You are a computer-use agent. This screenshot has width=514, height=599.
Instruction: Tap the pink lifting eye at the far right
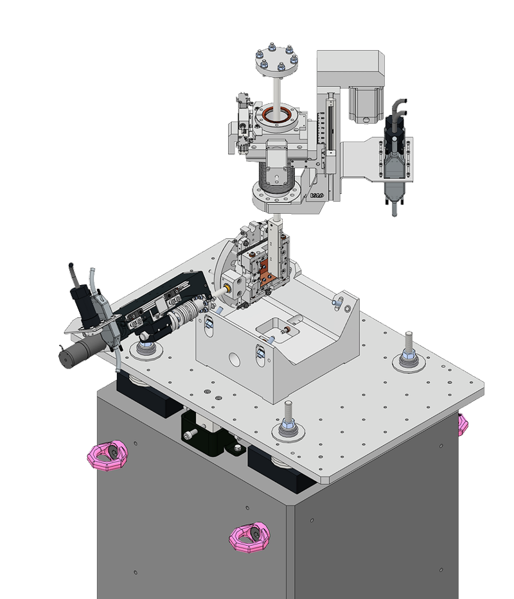point(464,424)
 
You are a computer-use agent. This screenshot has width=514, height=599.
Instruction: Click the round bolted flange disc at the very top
point(276,61)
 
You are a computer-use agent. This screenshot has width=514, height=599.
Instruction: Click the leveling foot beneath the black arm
point(146,346)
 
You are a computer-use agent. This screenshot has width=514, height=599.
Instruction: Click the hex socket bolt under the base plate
point(188,435)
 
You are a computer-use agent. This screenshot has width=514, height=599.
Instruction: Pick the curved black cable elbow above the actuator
point(399,106)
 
